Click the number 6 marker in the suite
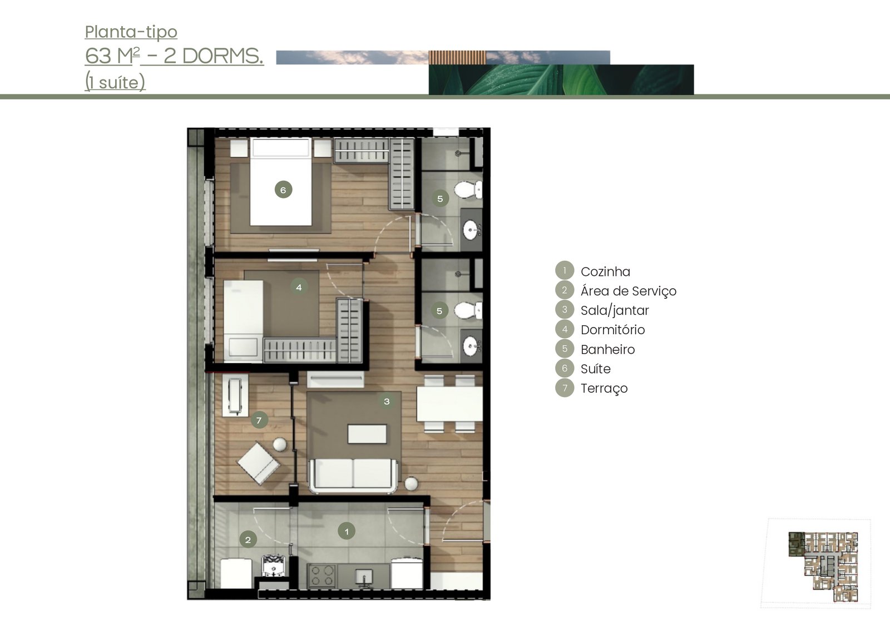coord(283,190)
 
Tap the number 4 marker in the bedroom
coord(299,287)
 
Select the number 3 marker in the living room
coord(387,402)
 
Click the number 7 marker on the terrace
coord(259,420)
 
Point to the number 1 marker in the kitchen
coord(347,531)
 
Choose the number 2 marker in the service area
coord(248,539)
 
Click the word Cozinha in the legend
coord(605,272)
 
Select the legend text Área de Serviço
coord(629,291)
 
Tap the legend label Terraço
coord(604,388)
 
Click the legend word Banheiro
coord(608,349)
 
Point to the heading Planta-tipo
coord(131,32)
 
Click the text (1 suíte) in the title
coord(115,83)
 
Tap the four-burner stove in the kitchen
coord(322,576)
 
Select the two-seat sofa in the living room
coord(353,476)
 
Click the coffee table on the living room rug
coord(367,434)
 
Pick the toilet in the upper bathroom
coord(468,190)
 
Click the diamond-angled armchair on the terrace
coord(259,463)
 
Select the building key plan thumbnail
coord(823,566)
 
